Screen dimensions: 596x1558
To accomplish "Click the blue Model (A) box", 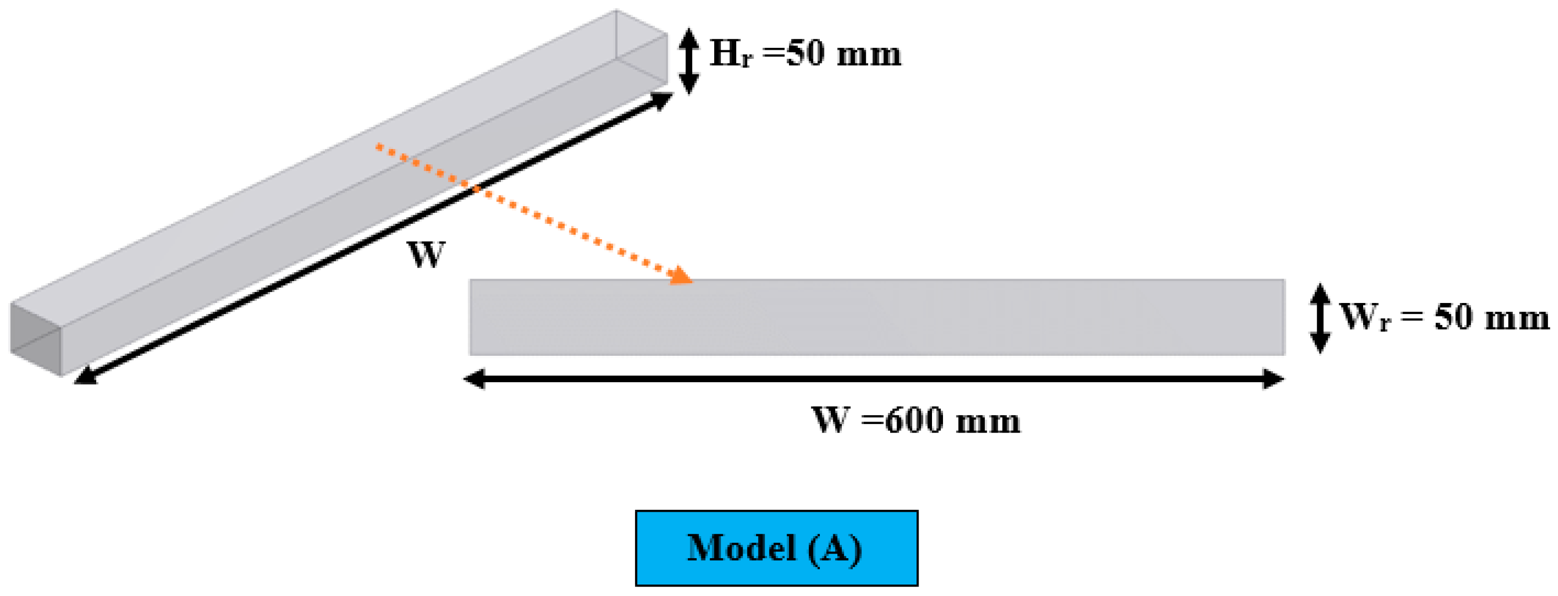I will (776, 548).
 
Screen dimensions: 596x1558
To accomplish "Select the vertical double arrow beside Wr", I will (1320, 318).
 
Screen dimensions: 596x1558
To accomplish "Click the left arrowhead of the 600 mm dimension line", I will (475, 379).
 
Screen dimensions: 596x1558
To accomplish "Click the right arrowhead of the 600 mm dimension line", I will (1272, 379).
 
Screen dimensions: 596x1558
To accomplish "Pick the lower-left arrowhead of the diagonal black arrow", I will (85, 375).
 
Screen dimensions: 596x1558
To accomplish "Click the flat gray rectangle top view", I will (877, 317).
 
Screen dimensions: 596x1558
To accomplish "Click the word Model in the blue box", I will (742, 548).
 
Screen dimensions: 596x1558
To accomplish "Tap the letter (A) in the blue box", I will (835, 549).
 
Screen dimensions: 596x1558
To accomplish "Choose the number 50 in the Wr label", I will (1453, 317).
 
